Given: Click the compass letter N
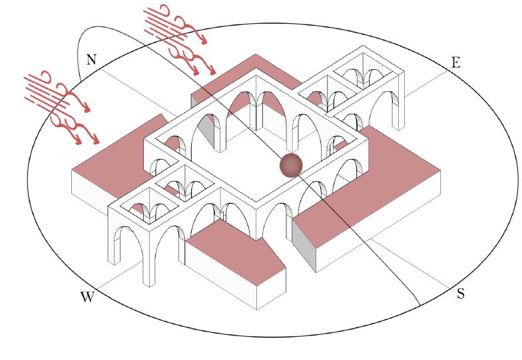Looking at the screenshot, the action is coord(91,60).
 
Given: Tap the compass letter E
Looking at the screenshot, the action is coord(455,63).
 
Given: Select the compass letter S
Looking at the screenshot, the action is coord(461,294).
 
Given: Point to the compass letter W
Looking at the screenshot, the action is coord(87,297).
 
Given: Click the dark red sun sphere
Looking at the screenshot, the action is coord(291,165).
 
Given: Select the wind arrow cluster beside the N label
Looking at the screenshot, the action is coord(61,107).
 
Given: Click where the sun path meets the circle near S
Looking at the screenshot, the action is coord(419,305).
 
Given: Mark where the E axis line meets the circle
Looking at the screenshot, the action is coord(447,72).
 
